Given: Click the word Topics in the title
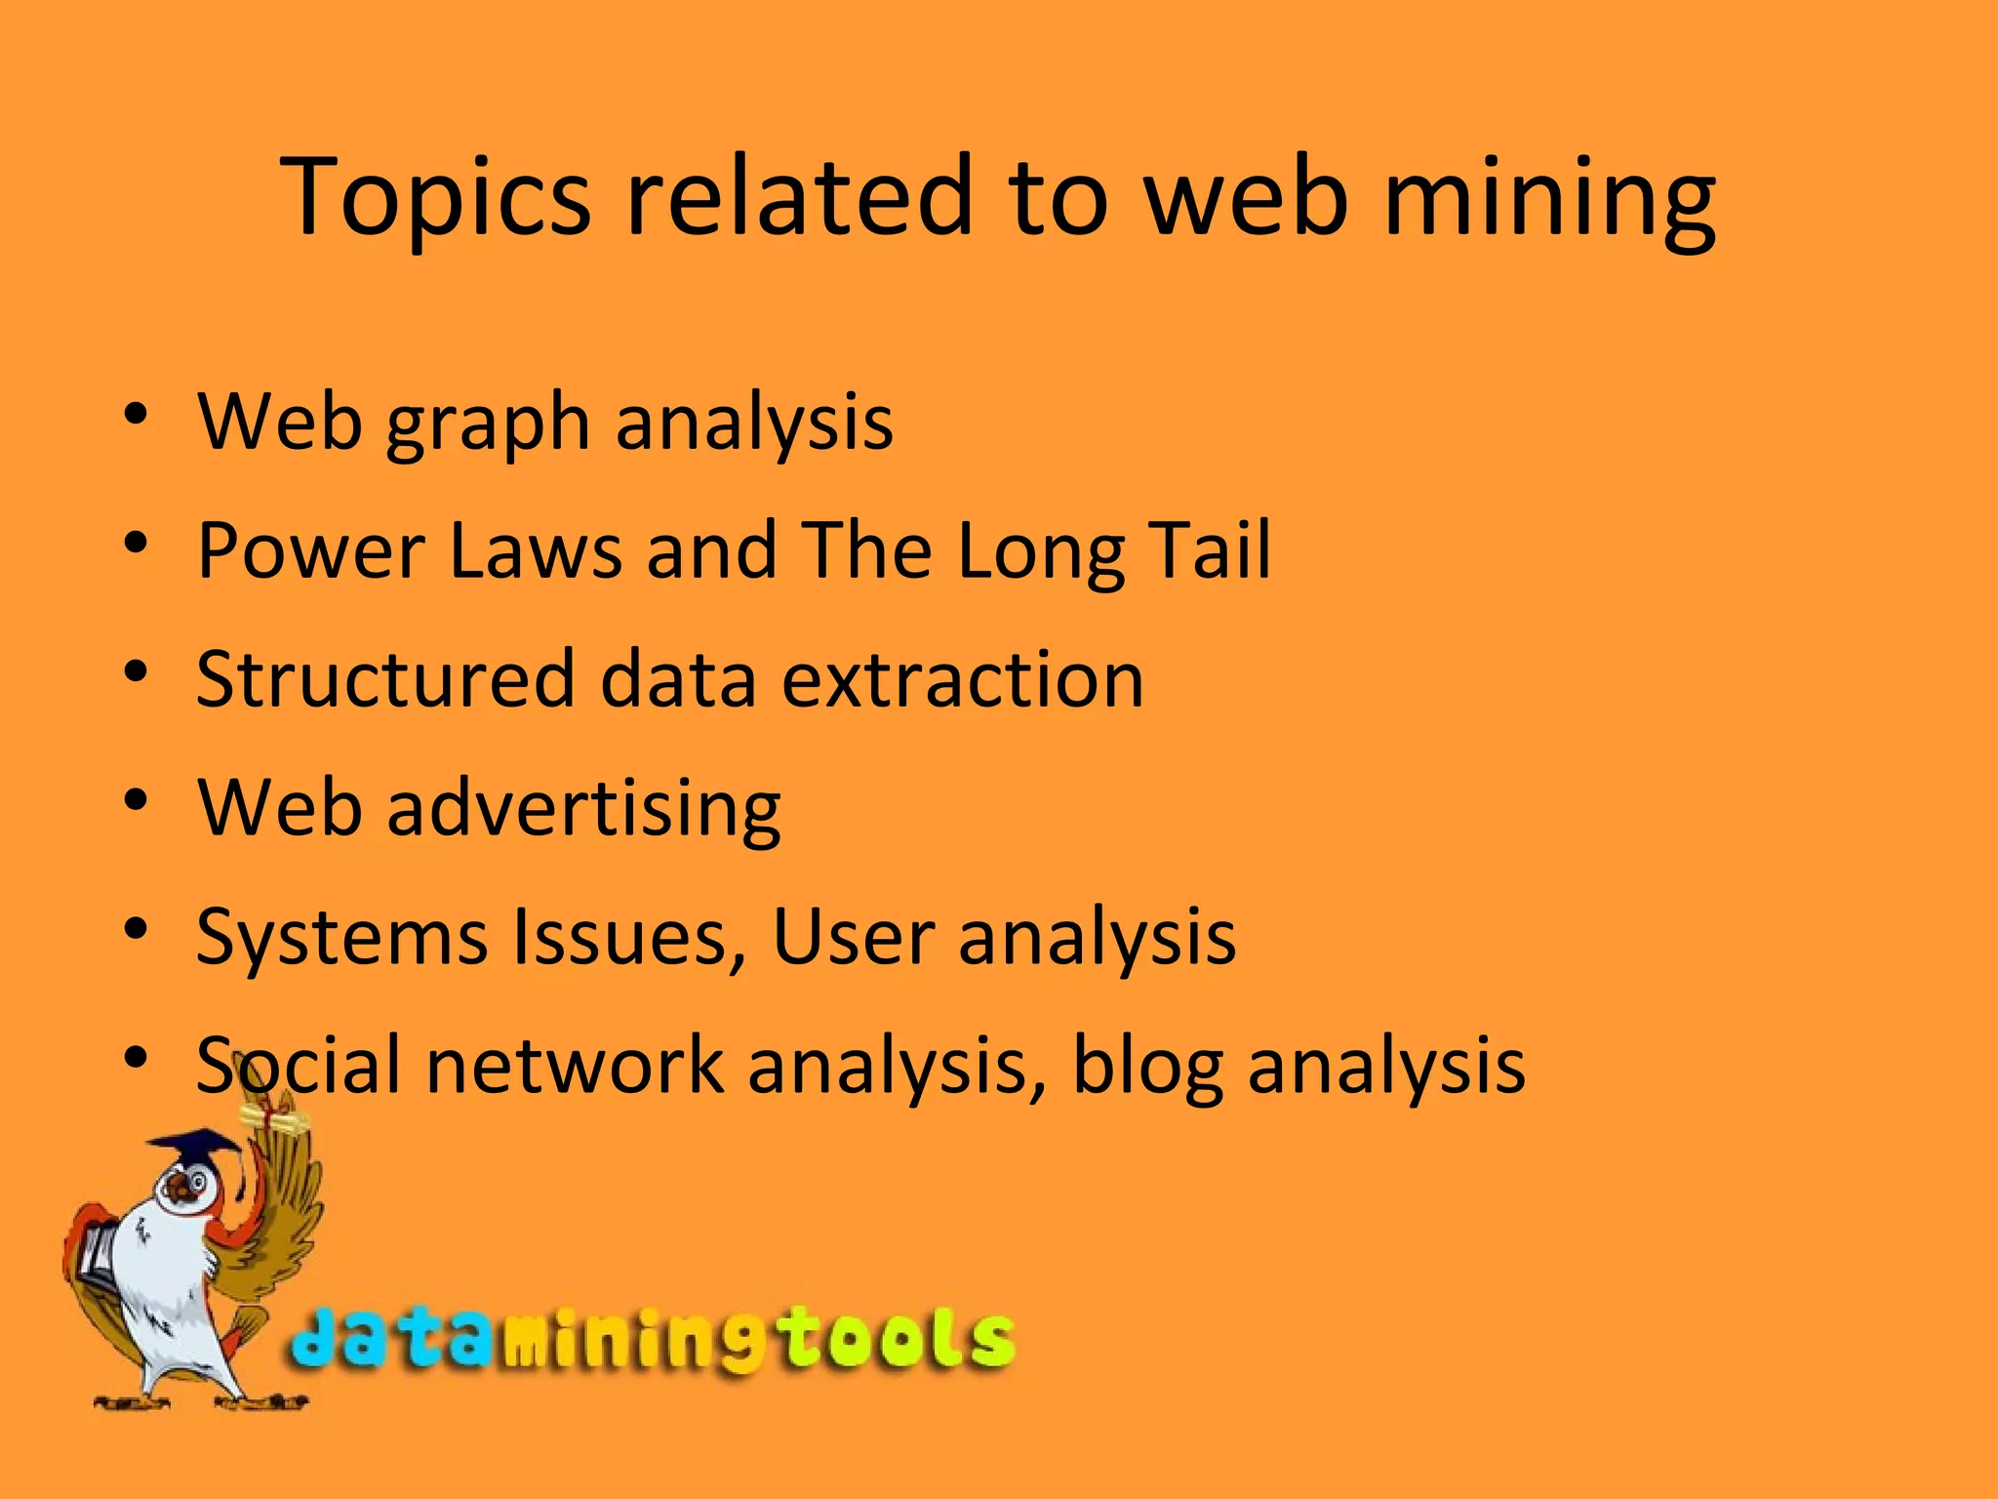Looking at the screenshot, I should tap(434, 197).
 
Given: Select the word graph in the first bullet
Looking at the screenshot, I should tap(488, 425).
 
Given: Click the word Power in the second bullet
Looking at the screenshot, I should tap(311, 551).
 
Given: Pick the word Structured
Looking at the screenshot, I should tap(385, 679).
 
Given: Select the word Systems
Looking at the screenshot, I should tap(341, 938).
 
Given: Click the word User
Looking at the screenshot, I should tap(854, 938).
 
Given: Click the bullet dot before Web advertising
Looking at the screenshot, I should tap(136, 800).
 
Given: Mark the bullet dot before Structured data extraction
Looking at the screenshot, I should tap(136, 671).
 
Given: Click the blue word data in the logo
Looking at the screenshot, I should tap(390, 1338).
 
